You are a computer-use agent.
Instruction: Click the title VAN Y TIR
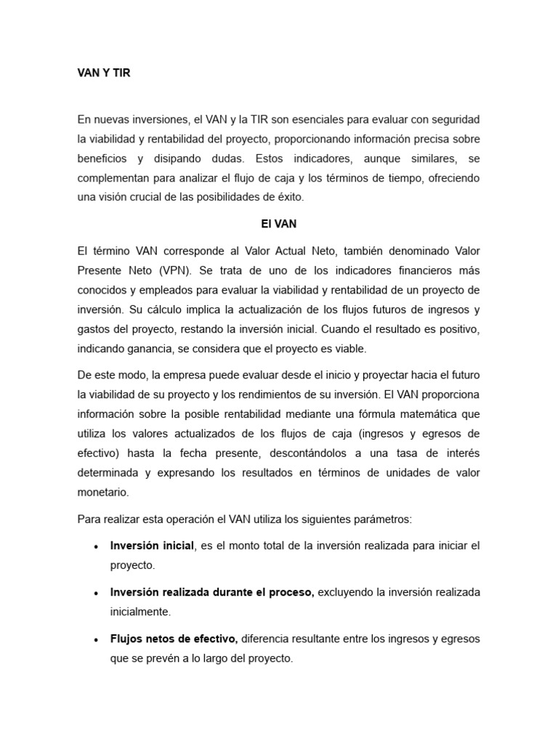[x=104, y=73]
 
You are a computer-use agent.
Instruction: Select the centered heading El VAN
[x=278, y=225]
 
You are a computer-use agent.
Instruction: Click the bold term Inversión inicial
[x=152, y=546]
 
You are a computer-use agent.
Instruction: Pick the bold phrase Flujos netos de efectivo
[x=174, y=639]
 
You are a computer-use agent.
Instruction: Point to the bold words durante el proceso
[x=264, y=592]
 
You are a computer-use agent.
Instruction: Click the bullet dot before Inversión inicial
[x=97, y=546]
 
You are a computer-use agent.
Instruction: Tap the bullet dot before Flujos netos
[x=97, y=640]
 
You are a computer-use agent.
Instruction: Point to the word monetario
[x=102, y=492]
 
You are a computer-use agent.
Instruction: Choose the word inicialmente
[x=140, y=612]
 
